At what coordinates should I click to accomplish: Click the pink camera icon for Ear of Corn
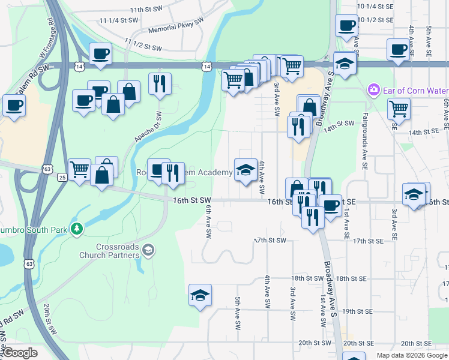pos(374,89)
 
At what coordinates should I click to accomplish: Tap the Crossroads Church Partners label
pos(118,251)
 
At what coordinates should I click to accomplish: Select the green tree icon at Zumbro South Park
pos(76,229)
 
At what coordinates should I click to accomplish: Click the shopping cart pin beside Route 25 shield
pos(79,170)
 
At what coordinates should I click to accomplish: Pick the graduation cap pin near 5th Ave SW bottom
pos(200,295)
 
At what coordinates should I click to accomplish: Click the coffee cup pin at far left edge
pos(14,106)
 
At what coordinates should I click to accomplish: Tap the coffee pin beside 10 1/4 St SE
pos(346,26)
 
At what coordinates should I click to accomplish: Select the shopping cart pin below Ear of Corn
pos(399,109)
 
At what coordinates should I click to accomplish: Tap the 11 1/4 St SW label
pos(119,20)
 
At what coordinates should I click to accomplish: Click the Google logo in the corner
pos(20,353)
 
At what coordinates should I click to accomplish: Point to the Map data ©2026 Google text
pos(411,355)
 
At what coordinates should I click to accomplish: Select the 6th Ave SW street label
pos(208,217)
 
